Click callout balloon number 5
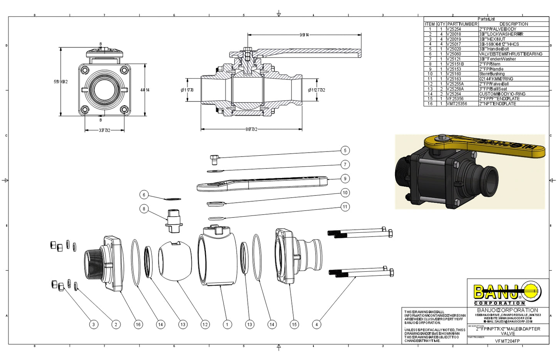tap(345, 151)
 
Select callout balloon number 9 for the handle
tap(345, 178)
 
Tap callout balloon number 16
tap(138, 325)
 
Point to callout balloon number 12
tap(205, 325)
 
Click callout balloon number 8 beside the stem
tap(144, 209)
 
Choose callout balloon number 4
tap(316, 325)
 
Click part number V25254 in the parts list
tap(454, 29)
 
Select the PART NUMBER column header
tap(462, 24)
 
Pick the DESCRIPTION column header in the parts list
tap(513, 24)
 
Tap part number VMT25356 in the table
tap(457, 104)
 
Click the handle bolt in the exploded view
tap(215, 159)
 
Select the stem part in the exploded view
tap(174, 221)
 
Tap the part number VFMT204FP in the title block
tap(507, 341)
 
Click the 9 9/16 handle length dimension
tap(304, 35)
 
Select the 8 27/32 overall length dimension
tap(251, 130)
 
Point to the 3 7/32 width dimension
tap(104, 131)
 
